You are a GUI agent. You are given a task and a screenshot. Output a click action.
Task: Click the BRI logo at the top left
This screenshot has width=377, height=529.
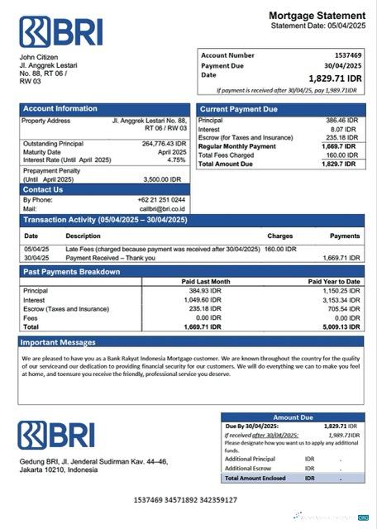61,31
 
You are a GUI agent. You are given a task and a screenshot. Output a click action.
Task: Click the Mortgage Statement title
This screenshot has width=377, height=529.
317,16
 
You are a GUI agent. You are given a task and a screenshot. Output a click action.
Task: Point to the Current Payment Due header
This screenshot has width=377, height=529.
239,108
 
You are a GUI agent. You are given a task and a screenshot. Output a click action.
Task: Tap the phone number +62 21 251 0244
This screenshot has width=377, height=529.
161,200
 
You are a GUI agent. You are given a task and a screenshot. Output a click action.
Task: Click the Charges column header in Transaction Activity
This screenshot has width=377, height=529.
279,236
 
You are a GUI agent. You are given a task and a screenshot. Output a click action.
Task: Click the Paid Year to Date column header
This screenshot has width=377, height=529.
333,281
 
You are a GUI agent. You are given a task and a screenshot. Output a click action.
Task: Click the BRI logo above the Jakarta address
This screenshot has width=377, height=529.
56,436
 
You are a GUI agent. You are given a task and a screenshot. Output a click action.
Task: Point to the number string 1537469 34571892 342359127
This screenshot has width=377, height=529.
185,500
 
